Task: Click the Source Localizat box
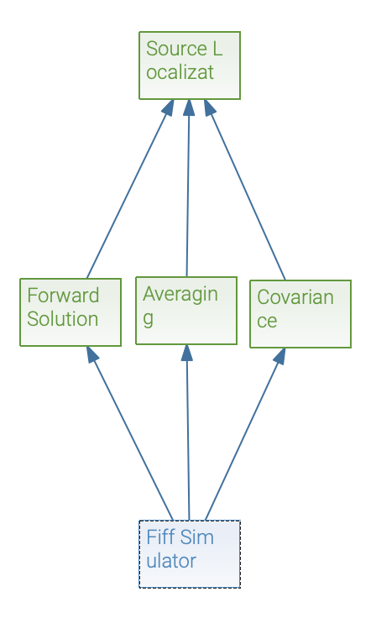(x=190, y=65)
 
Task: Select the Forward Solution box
(x=70, y=312)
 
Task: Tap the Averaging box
(x=186, y=311)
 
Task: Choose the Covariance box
(x=300, y=314)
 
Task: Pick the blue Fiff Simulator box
(x=190, y=554)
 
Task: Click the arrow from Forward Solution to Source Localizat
(x=130, y=189)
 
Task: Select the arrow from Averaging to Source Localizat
(x=188, y=188)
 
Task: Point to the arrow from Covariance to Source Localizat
(x=244, y=190)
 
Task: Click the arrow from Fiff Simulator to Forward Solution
(x=129, y=433)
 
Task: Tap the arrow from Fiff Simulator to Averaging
(x=188, y=432)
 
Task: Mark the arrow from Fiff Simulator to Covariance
(x=245, y=434)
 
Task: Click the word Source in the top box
(x=176, y=49)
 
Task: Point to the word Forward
(x=63, y=296)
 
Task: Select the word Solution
(x=63, y=319)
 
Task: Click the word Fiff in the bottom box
(x=159, y=537)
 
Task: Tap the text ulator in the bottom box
(x=171, y=561)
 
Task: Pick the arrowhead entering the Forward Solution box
(x=91, y=354)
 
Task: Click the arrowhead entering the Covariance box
(x=279, y=356)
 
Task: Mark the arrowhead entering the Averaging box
(x=187, y=353)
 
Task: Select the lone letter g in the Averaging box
(x=149, y=319)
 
